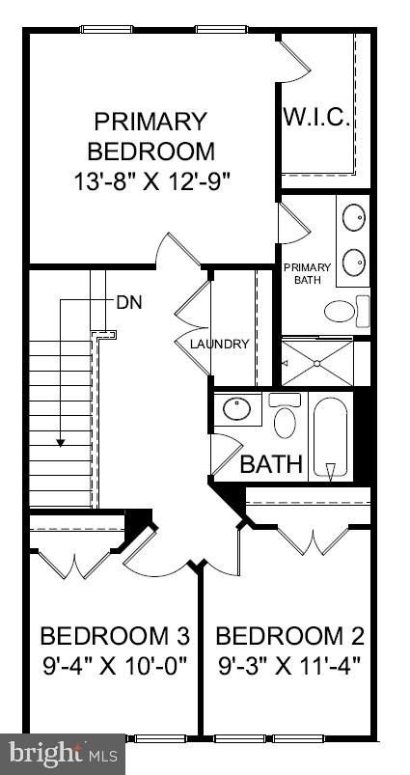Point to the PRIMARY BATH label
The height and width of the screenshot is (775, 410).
[307, 273]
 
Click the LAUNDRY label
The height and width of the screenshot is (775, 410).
[219, 345]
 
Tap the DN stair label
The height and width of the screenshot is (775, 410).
[129, 301]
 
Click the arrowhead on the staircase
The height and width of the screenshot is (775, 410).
[61, 442]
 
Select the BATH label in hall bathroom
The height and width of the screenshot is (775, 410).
[271, 464]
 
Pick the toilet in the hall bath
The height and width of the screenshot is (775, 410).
[285, 419]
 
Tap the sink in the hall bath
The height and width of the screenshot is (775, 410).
[236, 410]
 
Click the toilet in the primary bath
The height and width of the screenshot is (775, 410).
[342, 311]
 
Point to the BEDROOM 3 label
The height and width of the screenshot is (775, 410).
[114, 636]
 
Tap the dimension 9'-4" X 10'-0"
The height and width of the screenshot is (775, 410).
[114, 666]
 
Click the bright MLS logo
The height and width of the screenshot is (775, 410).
[63, 751]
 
